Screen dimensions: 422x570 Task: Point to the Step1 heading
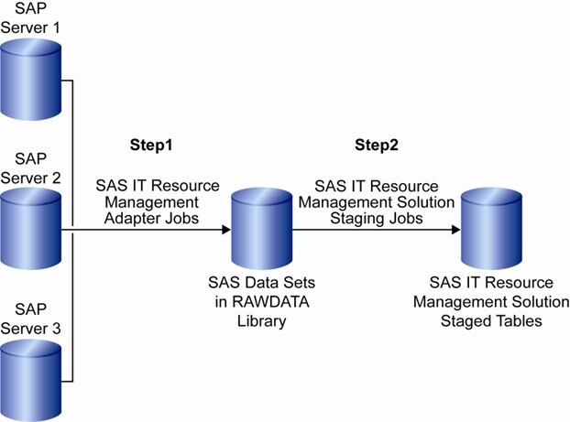[152, 146]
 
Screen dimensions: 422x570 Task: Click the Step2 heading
[377, 146]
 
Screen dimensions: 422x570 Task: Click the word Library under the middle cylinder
[261, 320]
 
